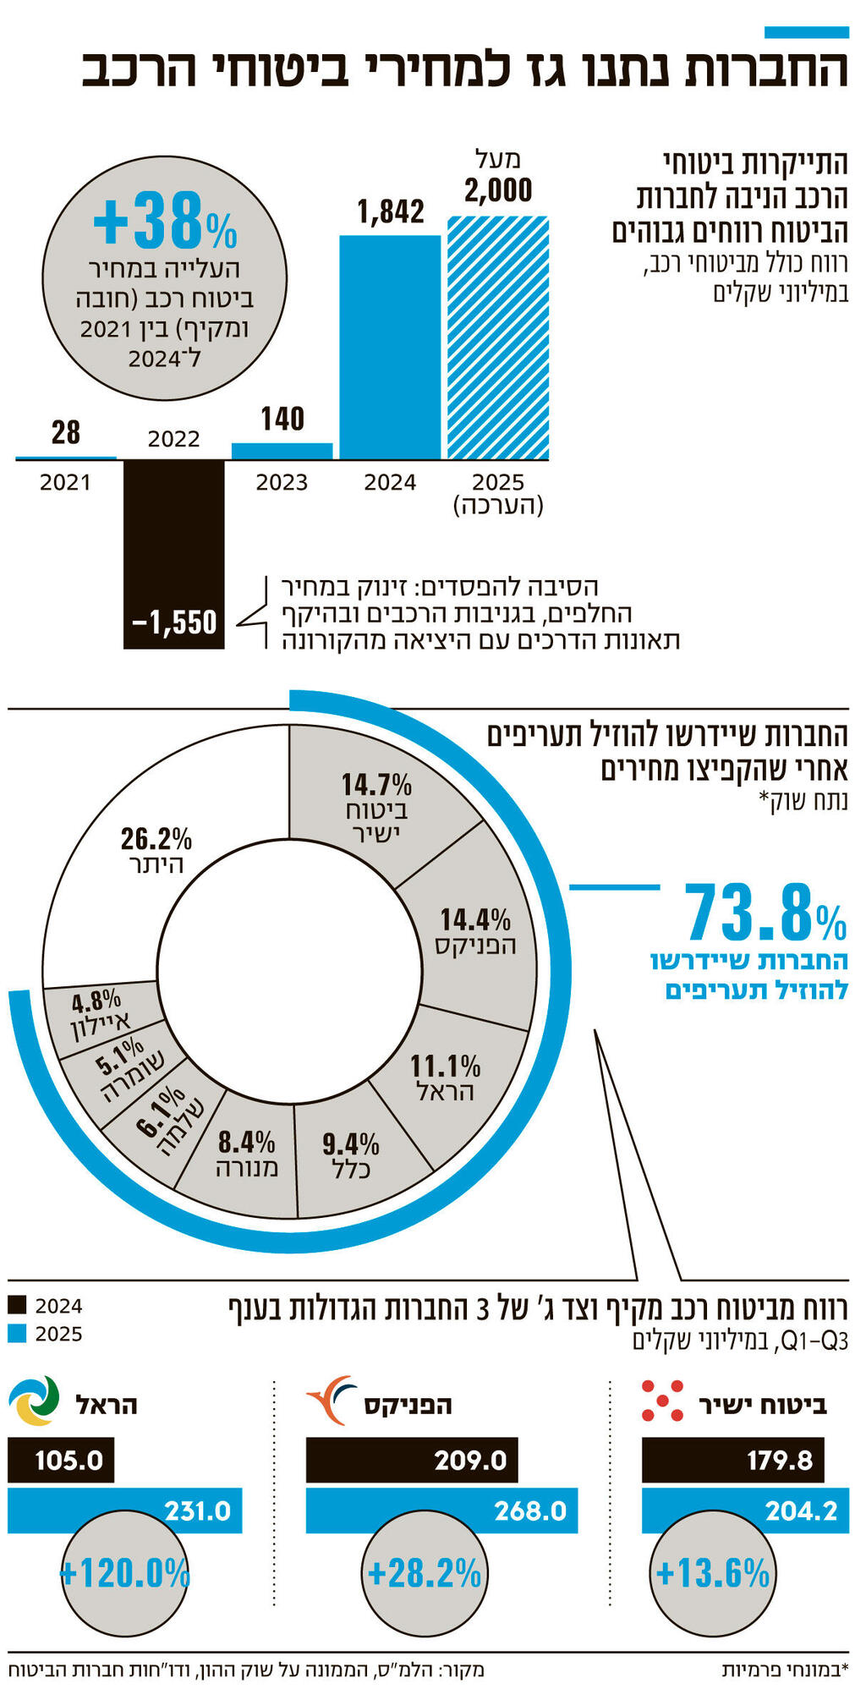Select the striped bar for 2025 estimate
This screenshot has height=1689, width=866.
tap(498, 338)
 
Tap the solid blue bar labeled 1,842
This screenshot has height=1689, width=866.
tap(390, 347)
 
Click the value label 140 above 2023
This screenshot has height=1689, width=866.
tap(282, 419)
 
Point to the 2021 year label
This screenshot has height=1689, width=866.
tap(65, 482)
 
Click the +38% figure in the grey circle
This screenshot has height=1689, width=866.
tap(165, 222)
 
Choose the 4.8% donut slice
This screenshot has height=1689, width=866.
tap(99, 1015)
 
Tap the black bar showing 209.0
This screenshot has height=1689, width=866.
tap(412, 1460)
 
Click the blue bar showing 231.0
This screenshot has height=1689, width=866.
tap(125, 1511)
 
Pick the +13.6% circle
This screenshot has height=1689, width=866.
tap(713, 1573)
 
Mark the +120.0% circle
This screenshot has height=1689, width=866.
tap(125, 1573)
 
